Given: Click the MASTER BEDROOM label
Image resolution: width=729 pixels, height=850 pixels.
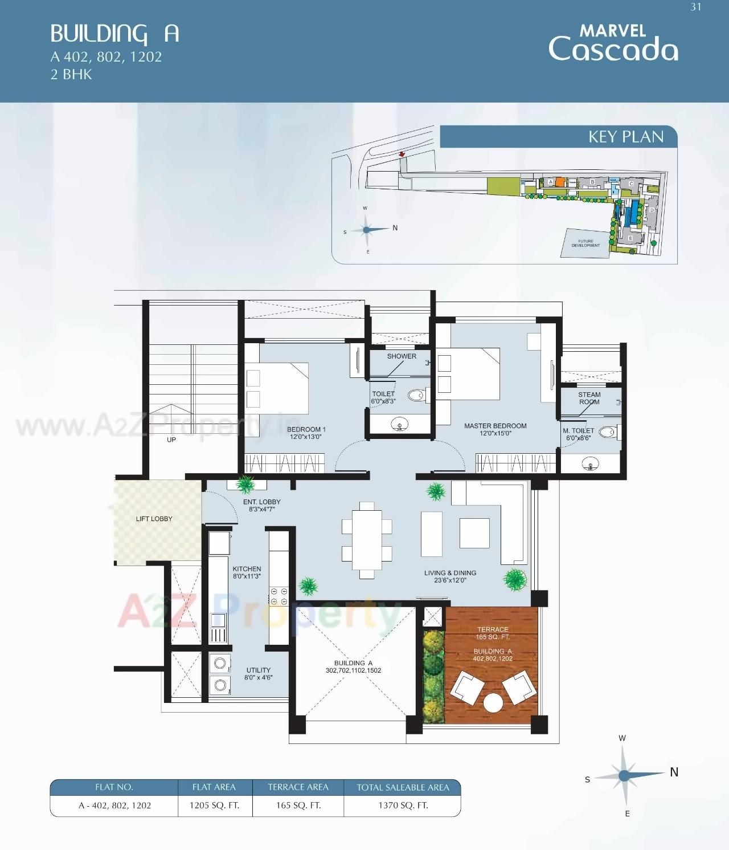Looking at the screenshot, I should point(495,426).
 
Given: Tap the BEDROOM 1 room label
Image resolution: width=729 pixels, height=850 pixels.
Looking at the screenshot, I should point(306,429).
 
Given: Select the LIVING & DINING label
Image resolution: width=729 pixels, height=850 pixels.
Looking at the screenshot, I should point(450,573).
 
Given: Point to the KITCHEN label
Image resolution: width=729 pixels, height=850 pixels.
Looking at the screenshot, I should point(247,569).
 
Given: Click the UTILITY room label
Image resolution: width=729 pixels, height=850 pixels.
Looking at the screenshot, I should point(258,670).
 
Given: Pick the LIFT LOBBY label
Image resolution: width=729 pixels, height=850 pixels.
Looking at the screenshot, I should point(154,519).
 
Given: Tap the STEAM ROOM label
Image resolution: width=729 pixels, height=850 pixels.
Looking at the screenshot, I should point(589,398).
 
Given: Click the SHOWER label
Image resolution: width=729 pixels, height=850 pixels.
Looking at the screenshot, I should point(402,356).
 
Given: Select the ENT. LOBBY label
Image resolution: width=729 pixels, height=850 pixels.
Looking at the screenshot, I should point(261,502).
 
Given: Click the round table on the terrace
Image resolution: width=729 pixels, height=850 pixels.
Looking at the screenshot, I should point(493,702).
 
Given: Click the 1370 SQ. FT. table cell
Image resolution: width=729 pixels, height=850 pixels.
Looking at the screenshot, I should point(403,806).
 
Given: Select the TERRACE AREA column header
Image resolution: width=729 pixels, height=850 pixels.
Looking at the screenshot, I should point(298,787).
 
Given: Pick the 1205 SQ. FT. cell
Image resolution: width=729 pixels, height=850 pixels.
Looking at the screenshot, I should point(214,806).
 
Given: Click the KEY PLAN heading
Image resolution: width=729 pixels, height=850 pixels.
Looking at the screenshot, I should point(625,137).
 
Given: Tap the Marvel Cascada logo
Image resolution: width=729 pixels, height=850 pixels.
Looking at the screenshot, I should point(613,43).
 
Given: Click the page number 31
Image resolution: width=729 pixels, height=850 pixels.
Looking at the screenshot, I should point(695,7).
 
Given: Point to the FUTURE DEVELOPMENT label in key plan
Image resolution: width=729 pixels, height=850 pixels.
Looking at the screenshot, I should point(585,243).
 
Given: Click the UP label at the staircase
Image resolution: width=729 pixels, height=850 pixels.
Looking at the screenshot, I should point(171,440).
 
